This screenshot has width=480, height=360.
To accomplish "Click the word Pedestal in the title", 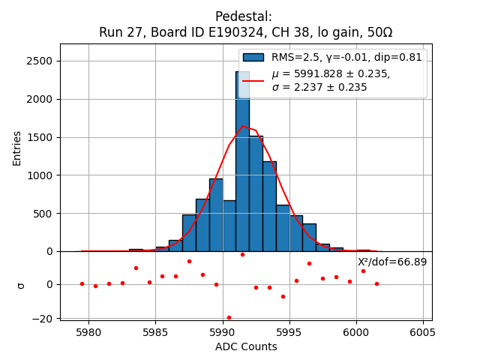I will click(x=243, y=16).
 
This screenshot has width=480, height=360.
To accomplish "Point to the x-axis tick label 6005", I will click(x=423, y=332).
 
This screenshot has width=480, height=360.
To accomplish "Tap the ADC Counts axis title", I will click(x=246, y=346).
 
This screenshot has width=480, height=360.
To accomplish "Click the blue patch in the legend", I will click(x=253, y=57).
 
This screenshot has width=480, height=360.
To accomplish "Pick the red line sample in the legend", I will click(x=253, y=80).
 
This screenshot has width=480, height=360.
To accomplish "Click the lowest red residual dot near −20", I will click(x=229, y=317).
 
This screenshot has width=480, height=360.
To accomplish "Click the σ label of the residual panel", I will click(x=20, y=285).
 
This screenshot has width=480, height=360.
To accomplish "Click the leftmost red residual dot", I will click(x=82, y=283).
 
